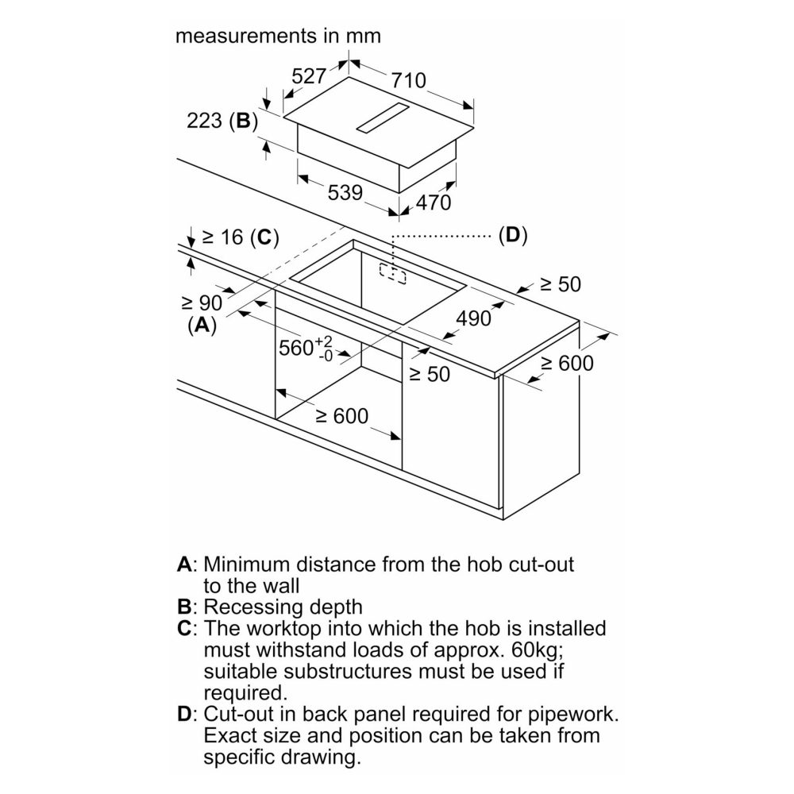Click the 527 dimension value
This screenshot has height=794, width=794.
pos(309,76)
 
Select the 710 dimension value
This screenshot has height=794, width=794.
pos(409,80)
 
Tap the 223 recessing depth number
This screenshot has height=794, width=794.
pos(205,121)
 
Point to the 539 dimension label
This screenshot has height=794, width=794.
pos(345,192)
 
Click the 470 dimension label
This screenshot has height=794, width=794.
pos(434,202)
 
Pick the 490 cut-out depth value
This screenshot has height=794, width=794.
pos(473,318)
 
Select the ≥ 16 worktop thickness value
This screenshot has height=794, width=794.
pos(223,237)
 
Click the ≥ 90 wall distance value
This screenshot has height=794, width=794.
pos(202,303)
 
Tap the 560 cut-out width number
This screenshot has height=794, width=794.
pos(296,348)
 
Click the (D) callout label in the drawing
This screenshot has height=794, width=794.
pos(513,236)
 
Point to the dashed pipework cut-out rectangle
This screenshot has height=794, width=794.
pos(393,273)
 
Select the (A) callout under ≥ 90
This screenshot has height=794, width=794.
pos(202,325)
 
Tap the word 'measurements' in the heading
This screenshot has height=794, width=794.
pos(245,36)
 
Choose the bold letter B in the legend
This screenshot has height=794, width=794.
pos(184,607)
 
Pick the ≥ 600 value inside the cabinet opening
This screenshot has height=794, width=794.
pos(342,416)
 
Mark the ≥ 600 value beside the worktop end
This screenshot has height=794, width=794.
pos(567,363)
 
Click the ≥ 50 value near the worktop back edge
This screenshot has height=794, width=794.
pos(561,284)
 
